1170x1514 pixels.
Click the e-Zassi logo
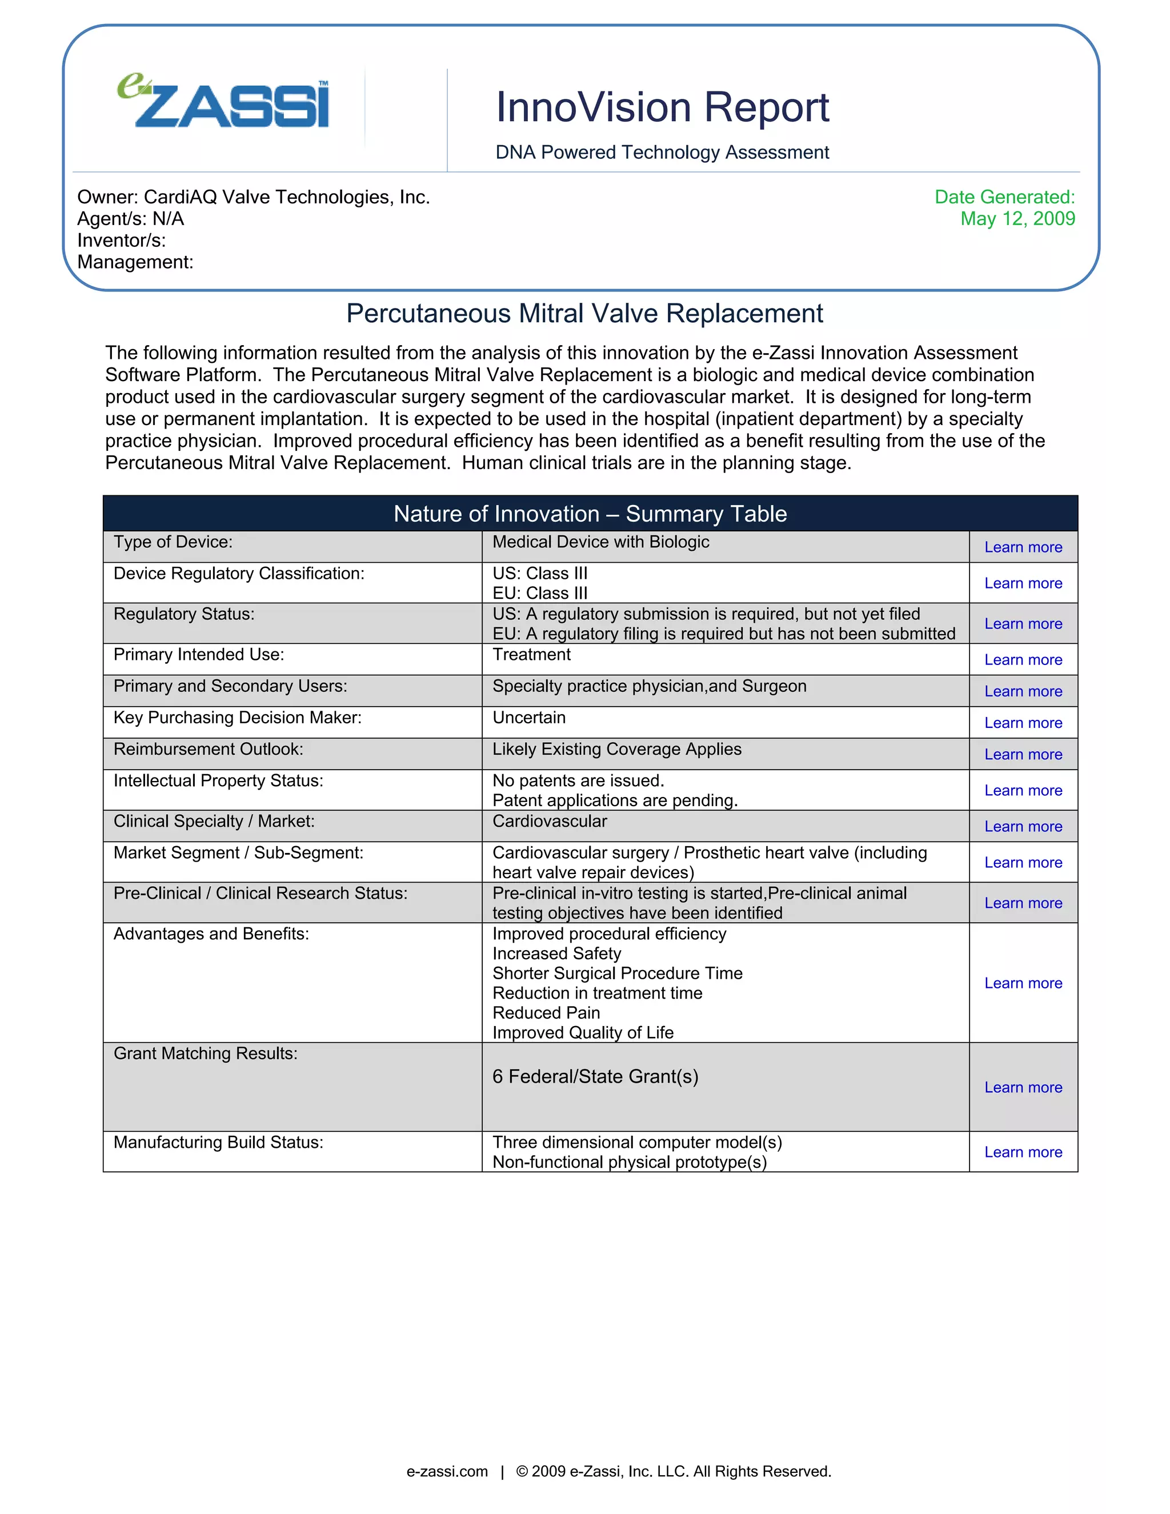coord(223,103)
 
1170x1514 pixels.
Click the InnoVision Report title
coord(662,107)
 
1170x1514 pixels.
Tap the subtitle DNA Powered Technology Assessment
coord(662,153)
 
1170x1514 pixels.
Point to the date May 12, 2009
coord(1017,219)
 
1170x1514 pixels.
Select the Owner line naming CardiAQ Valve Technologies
coord(254,198)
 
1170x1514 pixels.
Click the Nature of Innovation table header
coord(590,514)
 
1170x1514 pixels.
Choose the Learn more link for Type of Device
coord(1023,548)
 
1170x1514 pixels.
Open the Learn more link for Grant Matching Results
coord(1023,1088)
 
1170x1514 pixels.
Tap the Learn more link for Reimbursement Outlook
coord(1023,755)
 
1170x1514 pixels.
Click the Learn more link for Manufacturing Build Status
coord(1023,1152)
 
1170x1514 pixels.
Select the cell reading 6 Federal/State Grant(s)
coord(595,1076)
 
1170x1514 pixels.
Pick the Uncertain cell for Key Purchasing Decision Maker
coord(529,718)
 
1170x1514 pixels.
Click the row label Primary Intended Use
coord(199,655)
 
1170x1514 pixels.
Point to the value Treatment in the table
coord(532,655)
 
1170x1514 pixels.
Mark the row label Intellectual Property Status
coord(218,781)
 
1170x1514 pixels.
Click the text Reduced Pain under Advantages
coord(546,1013)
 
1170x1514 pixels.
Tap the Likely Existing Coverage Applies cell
coord(617,750)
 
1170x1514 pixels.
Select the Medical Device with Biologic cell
coord(601,542)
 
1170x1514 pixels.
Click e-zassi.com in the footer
coord(447,1472)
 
